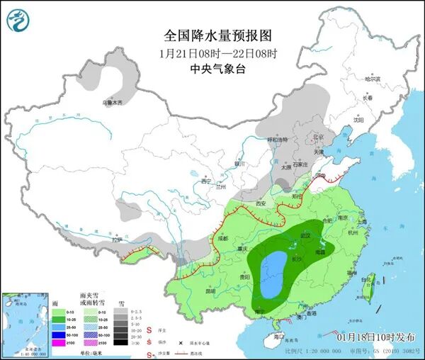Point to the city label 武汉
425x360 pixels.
point(306,235)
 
